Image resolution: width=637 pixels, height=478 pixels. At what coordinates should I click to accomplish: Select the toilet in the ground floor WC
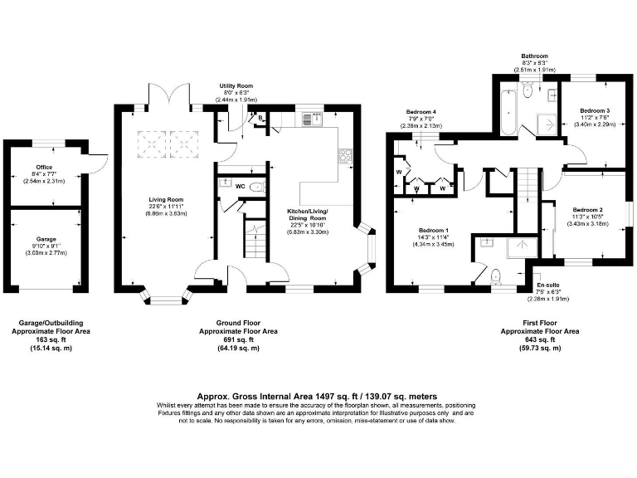pos(257,188)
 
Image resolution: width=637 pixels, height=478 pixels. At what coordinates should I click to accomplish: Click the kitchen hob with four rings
pos(345,155)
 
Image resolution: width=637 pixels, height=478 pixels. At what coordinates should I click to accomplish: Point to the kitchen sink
pos(314,119)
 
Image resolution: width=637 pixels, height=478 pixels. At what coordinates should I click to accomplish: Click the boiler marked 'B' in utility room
pos(261,119)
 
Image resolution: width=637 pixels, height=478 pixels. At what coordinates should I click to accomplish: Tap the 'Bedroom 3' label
pos(595,110)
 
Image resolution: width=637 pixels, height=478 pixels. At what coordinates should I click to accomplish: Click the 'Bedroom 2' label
pos(587,210)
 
